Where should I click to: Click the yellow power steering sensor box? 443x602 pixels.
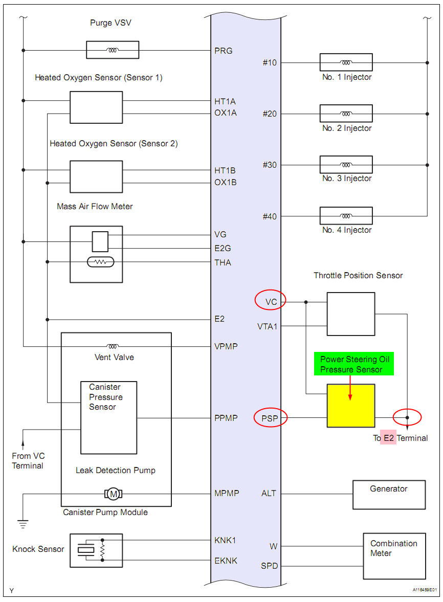[x=351, y=406]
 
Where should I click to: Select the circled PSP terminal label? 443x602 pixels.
[x=271, y=418]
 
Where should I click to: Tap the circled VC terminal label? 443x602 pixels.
[x=271, y=302]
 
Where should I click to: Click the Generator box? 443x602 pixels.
[x=389, y=495]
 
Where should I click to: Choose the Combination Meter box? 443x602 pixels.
[x=394, y=556]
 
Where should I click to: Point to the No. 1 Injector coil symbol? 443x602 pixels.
[x=346, y=62]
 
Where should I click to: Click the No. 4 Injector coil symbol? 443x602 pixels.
[x=346, y=216]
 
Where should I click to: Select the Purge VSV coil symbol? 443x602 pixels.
[x=113, y=50]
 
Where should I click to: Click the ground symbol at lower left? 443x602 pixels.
[x=23, y=523]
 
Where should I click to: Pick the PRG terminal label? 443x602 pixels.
[x=224, y=51]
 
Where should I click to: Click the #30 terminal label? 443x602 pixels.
[x=270, y=165]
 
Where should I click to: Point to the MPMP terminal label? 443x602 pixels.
[x=226, y=494]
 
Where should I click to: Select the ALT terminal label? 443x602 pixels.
[x=269, y=494]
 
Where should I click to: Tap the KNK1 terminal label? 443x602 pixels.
[x=225, y=540]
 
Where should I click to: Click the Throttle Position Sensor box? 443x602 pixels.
[x=351, y=314]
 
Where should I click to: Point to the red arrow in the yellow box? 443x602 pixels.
[x=350, y=389]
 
